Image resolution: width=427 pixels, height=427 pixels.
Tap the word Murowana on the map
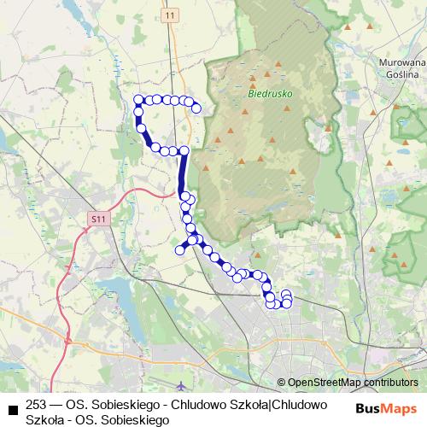click(403, 62)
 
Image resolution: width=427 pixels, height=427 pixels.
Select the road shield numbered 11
click(171, 15)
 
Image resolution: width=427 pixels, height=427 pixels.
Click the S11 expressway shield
click(98, 219)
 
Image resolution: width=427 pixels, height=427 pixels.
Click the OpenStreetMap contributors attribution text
click(353, 383)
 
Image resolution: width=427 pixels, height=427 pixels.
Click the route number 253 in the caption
click(37, 404)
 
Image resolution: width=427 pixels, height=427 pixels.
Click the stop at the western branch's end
click(179, 250)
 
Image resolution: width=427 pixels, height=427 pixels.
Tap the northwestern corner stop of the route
click(138, 100)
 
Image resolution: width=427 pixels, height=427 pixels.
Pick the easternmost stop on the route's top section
click(196, 108)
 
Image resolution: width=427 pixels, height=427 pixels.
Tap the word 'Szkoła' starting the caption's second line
click(44, 419)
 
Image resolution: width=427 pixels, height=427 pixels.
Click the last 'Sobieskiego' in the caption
click(137, 419)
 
